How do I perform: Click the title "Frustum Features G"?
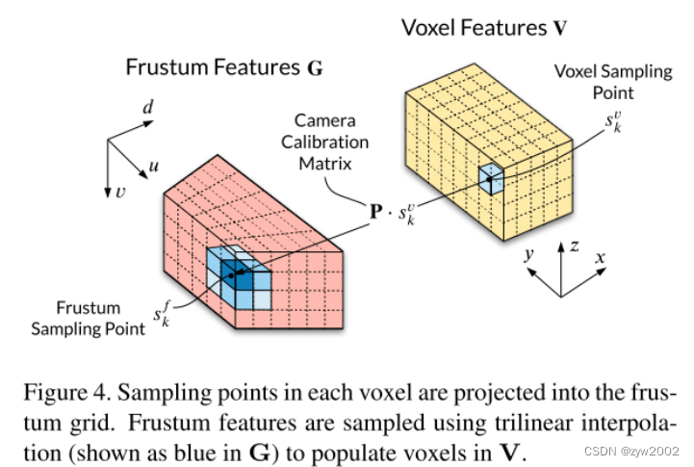pyautogui.click(x=224, y=67)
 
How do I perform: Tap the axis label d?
pyautogui.click(x=148, y=107)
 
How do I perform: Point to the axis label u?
pyautogui.click(x=153, y=167)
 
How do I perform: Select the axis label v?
pyautogui.click(x=119, y=193)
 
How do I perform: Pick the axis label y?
pyautogui.click(x=528, y=254)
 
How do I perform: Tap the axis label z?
pyautogui.click(x=574, y=246)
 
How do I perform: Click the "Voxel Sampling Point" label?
pyautogui.click(x=594, y=83)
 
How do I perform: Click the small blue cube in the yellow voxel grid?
pyautogui.click(x=491, y=179)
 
